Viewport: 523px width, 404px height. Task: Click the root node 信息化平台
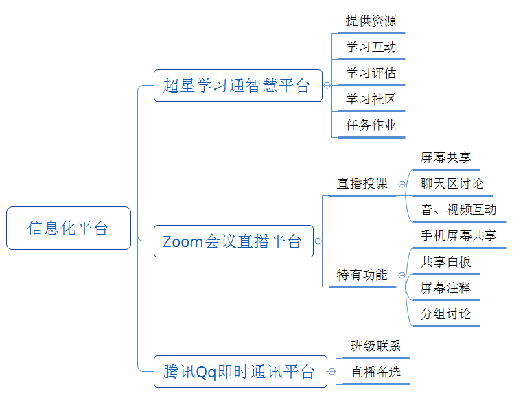[x=68, y=228]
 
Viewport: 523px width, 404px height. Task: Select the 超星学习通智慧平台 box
[x=237, y=85]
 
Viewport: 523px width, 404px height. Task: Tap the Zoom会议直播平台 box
[x=233, y=241]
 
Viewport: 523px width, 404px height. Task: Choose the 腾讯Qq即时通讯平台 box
[x=240, y=371]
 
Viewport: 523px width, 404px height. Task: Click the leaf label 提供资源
[x=371, y=21]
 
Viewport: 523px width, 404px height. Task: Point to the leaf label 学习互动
[x=371, y=47]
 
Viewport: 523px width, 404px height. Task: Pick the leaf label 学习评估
[x=371, y=73]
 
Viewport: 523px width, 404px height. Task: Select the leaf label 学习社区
[x=371, y=99]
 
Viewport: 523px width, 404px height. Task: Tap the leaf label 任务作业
[x=371, y=125]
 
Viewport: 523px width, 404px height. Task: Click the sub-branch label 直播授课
[x=362, y=183]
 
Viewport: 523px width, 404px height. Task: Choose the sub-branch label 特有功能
[x=362, y=274]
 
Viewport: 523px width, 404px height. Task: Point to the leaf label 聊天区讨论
[x=452, y=183]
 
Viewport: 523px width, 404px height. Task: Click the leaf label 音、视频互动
[x=458, y=209]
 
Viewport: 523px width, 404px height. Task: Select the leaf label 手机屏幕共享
[x=458, y=235]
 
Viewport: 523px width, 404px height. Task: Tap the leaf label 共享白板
[x=445, y=261]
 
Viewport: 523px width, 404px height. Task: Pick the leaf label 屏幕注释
[x=445, y=287]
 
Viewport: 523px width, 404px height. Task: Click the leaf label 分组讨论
[x=445, y=313]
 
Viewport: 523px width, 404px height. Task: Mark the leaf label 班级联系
[x=375, y=346]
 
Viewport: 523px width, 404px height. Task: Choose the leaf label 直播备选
[x=375, y=372]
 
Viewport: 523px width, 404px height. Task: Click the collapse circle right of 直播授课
[x=402, y=184]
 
